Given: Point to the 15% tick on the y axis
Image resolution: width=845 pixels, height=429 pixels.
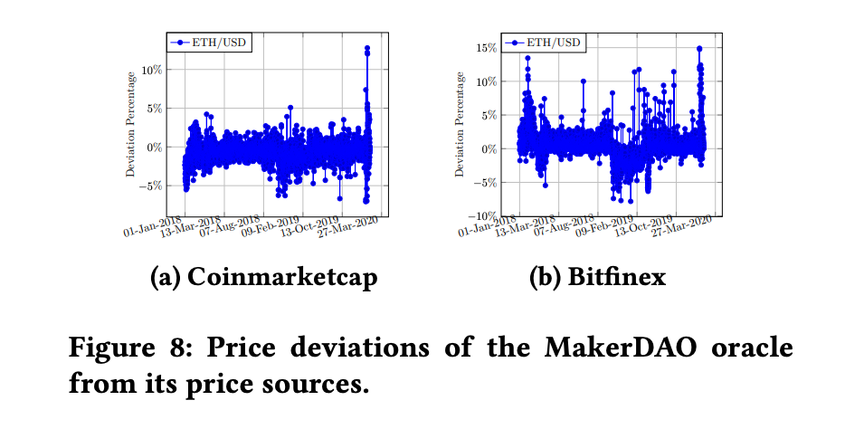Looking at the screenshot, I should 486,48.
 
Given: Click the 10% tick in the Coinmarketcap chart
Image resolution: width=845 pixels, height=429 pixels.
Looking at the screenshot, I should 150,70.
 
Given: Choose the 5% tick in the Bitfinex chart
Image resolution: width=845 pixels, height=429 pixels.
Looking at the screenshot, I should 489,115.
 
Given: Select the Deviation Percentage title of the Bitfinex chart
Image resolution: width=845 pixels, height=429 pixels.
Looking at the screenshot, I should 460,128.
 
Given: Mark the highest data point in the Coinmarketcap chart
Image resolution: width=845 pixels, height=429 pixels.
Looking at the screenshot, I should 367,48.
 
